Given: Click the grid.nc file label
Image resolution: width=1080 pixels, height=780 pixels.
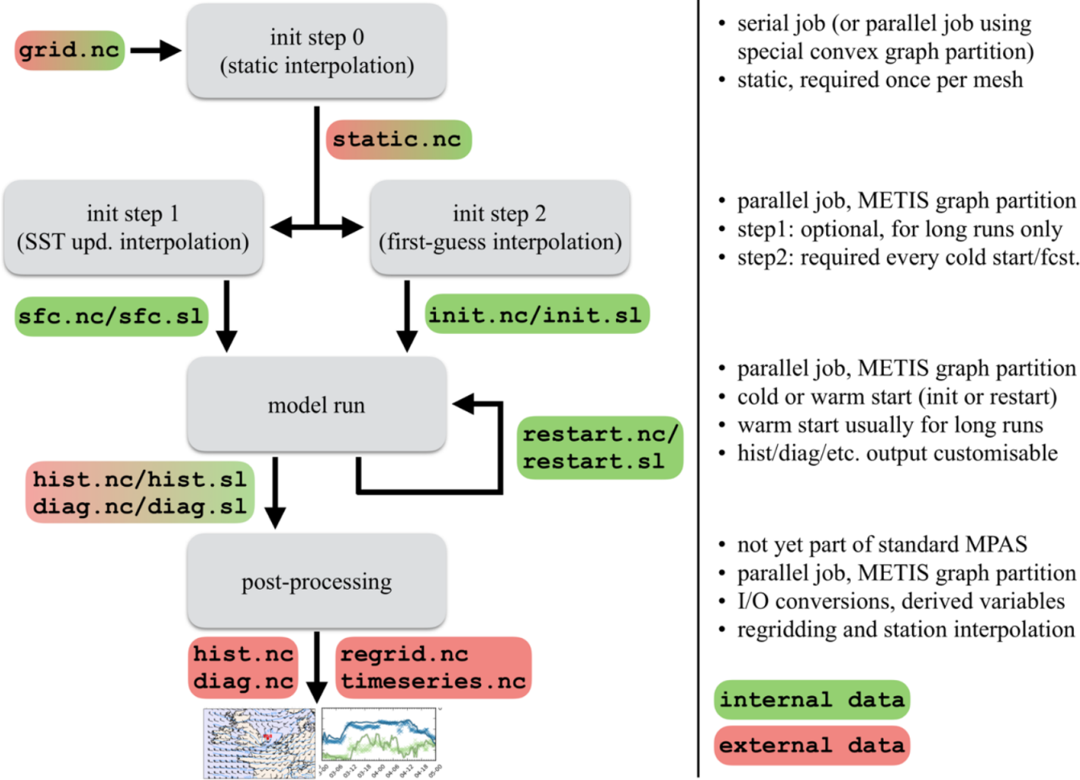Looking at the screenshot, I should pyautogui.click(x=69, y=50).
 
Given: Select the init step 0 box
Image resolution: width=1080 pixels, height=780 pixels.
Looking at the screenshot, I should pyautogui.click(x=316, y=51).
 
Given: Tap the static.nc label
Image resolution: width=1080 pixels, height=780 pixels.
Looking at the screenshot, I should pyautogui.click(x=398, y=140).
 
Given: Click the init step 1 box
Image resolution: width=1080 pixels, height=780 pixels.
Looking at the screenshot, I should pyautogui.click(x=133, y=227).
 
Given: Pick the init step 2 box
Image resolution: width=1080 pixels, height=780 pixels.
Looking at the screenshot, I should pyautogui.click(x=499, y=227).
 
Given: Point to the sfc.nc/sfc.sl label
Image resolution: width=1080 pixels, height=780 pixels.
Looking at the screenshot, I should pyautogui.click(x=111, y=316).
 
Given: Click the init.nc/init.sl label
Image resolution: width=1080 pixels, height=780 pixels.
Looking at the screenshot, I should pyautogui.click(x=536, y=314).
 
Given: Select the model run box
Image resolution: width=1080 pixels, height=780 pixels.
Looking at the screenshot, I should pyautogui.click(x=316, y=405).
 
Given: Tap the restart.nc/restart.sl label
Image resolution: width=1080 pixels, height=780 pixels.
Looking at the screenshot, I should pyautogui.click(x=599, y=447).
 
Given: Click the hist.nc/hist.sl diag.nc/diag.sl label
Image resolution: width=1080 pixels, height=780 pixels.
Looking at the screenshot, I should pyautogui.click(x=140, y=492).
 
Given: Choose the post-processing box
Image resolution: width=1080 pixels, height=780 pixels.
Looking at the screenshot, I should pyautogui.click(x=316, y=581).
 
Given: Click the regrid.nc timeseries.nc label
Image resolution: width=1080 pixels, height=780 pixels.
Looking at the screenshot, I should pyautogui.click(x=433, y=667).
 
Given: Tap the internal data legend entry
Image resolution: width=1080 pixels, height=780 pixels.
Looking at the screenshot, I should pyautogui.click(x=811, y=700).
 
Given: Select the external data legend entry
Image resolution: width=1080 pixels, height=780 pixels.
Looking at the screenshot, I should pyautogui.click(x=811, y=745).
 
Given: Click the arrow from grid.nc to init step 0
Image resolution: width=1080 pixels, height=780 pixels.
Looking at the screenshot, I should pyautogui.click(x=155, y=50).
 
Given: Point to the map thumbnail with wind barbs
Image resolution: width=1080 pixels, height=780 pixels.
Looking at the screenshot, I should pyautogui.click(x=259, y=743).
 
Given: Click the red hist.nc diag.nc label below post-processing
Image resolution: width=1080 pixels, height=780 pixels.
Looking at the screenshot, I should pyautogui.click(x=243, y=667).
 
